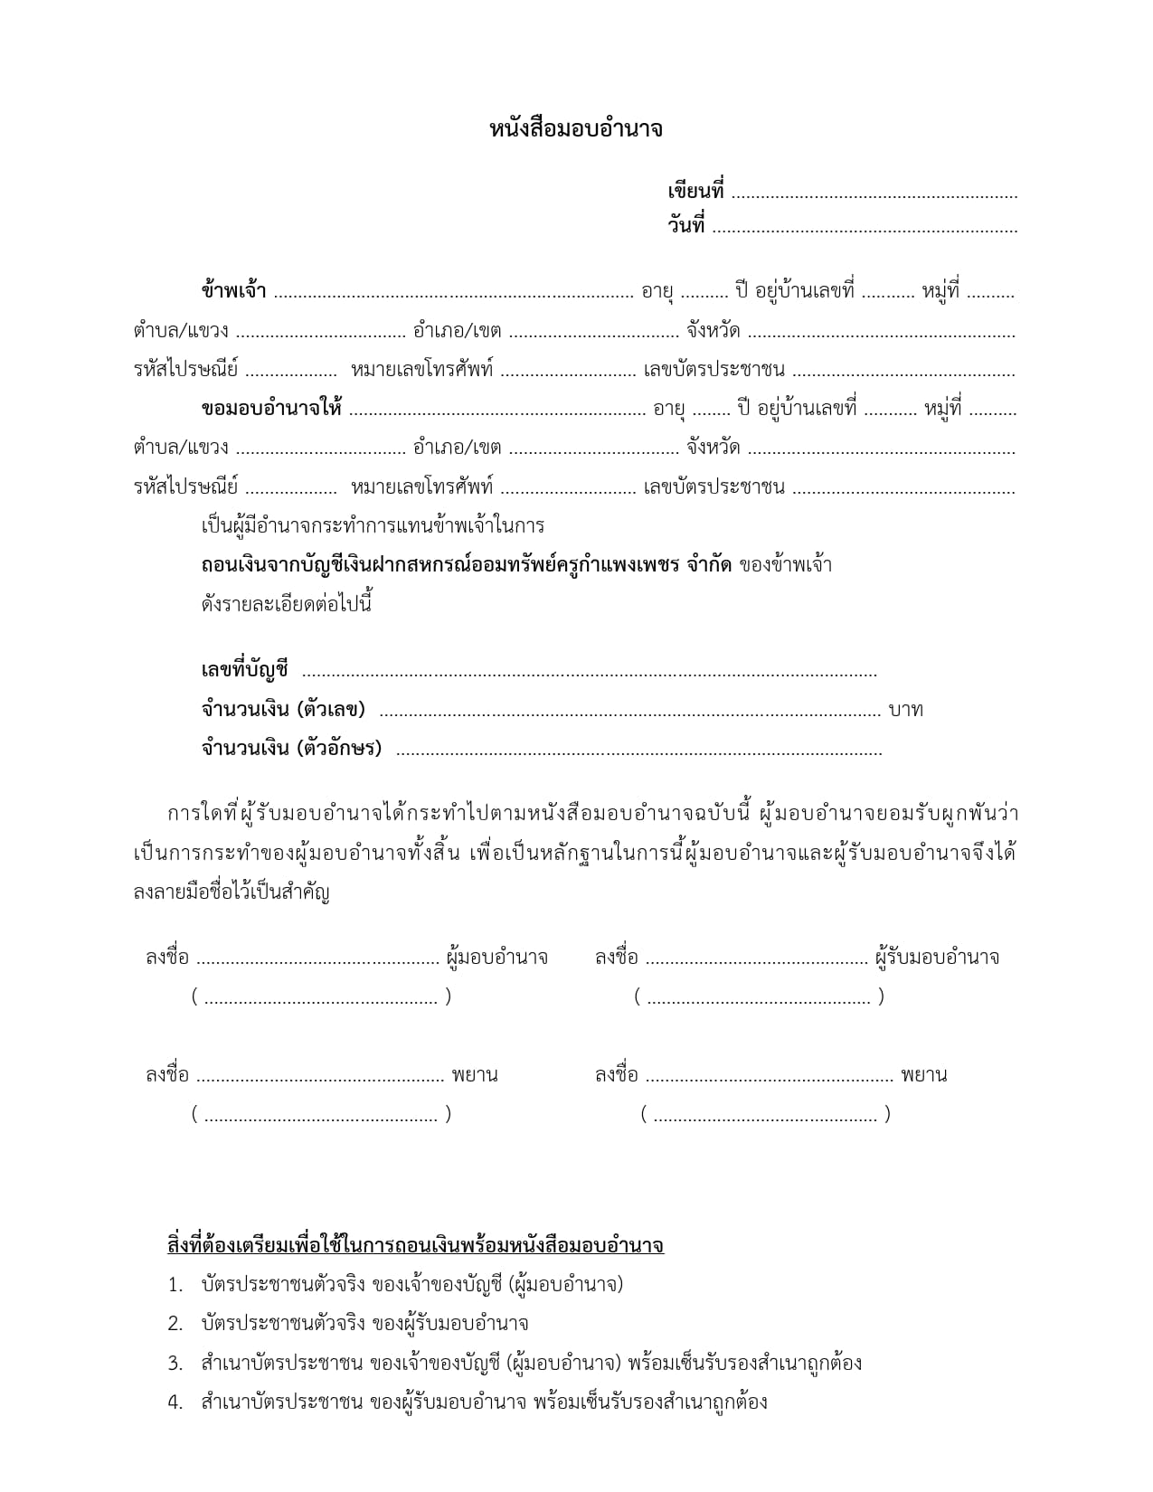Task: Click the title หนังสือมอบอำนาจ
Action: [576, 129]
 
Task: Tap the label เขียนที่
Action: [695, 192]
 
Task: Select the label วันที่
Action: [686, 226]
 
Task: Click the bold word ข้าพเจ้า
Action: [233, 292]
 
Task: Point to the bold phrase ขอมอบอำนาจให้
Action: [271, 409]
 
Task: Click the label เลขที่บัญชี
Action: [244, 670]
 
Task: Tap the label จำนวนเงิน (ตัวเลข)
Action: [283, 709]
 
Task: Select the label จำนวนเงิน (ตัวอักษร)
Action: [291, 749]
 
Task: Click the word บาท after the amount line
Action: [905, 710]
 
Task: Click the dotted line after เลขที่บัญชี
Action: [588, 673]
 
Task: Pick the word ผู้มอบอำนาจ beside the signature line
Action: [496, 957]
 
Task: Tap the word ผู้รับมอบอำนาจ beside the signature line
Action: [938, 957]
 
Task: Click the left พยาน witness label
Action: [475, 1075]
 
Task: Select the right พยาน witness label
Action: [924, 1075]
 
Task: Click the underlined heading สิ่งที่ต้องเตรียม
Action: [415, 1245]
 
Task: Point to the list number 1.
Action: [175, 1285]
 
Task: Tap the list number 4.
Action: [175, 1402]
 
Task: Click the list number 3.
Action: [175, 1364]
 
